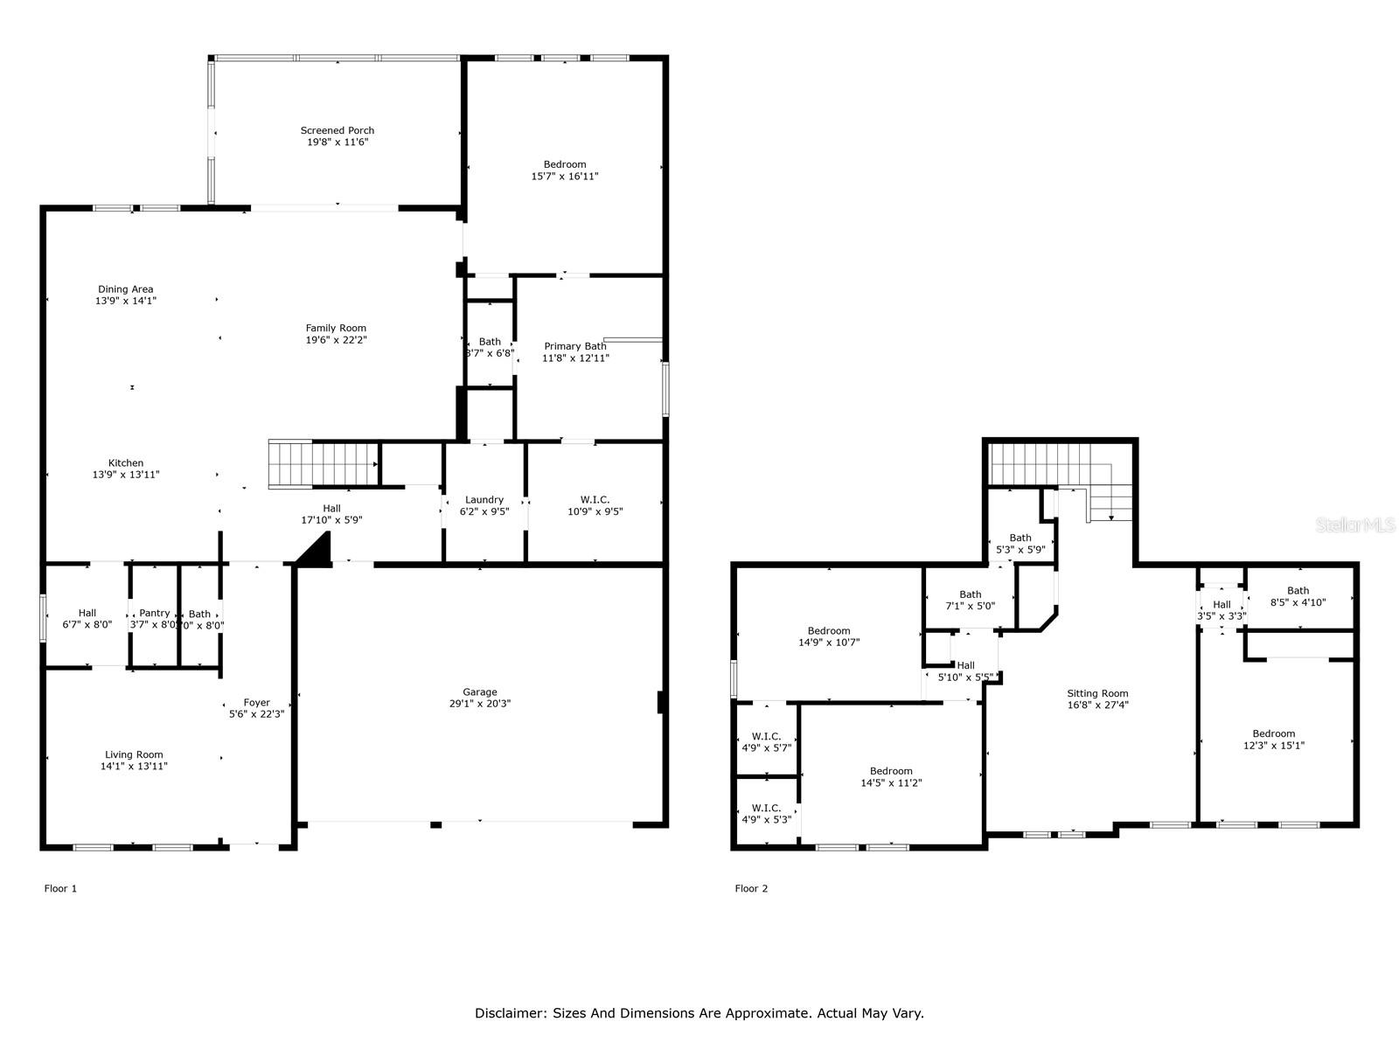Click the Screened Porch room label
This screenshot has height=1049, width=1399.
[x=338, y=130]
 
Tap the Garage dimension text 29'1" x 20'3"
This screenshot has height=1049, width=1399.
[x=480, y=703]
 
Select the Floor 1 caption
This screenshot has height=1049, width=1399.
[x=60, y=888]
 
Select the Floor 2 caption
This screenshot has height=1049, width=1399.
[x=751, y=888]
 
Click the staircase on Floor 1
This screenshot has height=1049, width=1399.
[x=323, y=463]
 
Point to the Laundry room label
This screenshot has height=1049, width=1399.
[x=484, y=500]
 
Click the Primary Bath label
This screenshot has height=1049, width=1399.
[x=575, y=346]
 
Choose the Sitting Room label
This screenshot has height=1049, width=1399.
[x=1097, y=693]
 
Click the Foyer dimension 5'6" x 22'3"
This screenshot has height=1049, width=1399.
[x=257, y=713]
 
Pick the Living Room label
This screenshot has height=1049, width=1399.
[x=134, y=754]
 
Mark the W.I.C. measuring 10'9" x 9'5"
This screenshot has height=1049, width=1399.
[x=595, y=505]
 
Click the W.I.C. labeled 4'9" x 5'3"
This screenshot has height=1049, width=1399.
[x=766, y=814]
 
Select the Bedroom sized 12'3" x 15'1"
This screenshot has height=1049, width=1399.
[x=1273, y=740]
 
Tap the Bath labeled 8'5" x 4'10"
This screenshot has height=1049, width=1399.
[x=1298, y=596]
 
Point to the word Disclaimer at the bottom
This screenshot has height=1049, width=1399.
[x=510, y=1013]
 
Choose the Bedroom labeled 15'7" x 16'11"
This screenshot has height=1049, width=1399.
[x=565, y=170]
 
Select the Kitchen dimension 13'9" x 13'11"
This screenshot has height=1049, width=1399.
[x=126, y=475]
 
